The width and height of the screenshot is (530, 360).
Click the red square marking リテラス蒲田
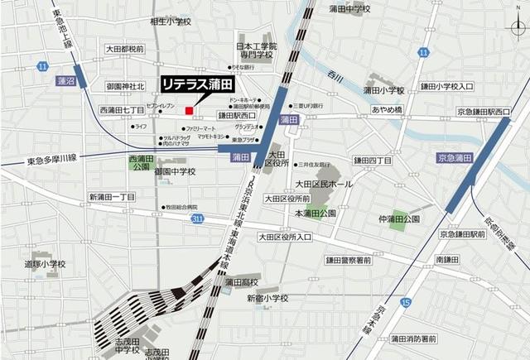(x=190, y=109)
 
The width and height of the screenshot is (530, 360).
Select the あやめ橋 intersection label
(x=387, y=109)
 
